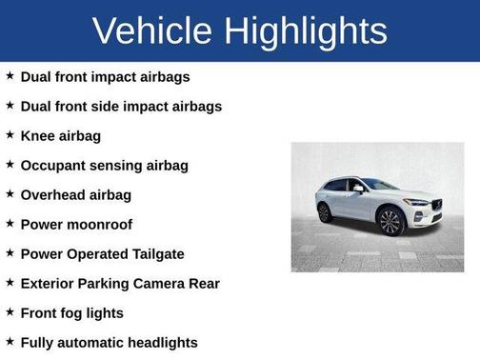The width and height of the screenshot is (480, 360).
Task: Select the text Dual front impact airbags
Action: [x=106, y=76]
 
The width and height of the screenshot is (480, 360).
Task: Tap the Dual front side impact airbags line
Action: [x=121, y=106]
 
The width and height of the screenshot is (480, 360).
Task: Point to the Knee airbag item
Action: [x=61, y=135]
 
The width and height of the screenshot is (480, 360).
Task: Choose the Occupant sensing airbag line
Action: [x=105, y=165]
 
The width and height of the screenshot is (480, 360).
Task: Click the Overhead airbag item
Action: [x=76, y=194]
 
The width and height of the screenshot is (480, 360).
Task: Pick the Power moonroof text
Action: [x=76, y=224]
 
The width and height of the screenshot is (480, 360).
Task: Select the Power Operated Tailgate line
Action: [x=103, y=253]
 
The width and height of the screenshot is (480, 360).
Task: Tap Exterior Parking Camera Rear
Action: [x=120, y=283]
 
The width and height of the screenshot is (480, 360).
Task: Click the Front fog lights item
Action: [x=72, y=312]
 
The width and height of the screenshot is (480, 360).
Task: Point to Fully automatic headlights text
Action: [x=110, y=342]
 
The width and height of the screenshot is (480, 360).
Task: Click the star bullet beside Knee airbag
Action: [x=10, y=134]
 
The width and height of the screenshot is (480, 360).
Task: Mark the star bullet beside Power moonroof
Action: [x=10, y=223]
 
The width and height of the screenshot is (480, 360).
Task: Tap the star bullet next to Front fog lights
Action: [x=10, y=311]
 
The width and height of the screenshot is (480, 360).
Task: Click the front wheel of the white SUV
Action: [x=390, y=223]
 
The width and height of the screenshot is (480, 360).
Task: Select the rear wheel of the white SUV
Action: [x=326, y=212]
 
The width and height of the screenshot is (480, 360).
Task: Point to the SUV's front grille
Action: [x=436, y=206]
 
